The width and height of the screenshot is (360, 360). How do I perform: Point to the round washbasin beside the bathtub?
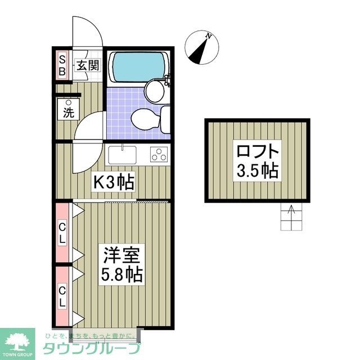pyautogui.click(x=154, y=90)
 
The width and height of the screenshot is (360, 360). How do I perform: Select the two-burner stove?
pyautogui.click(x=159, y=154)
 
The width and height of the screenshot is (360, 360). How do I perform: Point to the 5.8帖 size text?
pyautogui.click(x=121, y=275)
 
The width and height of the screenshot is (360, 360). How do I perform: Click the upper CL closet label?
pyautogui.click(x=62, y=232)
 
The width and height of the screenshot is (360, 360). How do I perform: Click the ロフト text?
pyautogui.click(x=257, y=152)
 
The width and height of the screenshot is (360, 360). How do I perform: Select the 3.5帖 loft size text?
pyautogui.click(x=257, y=170)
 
